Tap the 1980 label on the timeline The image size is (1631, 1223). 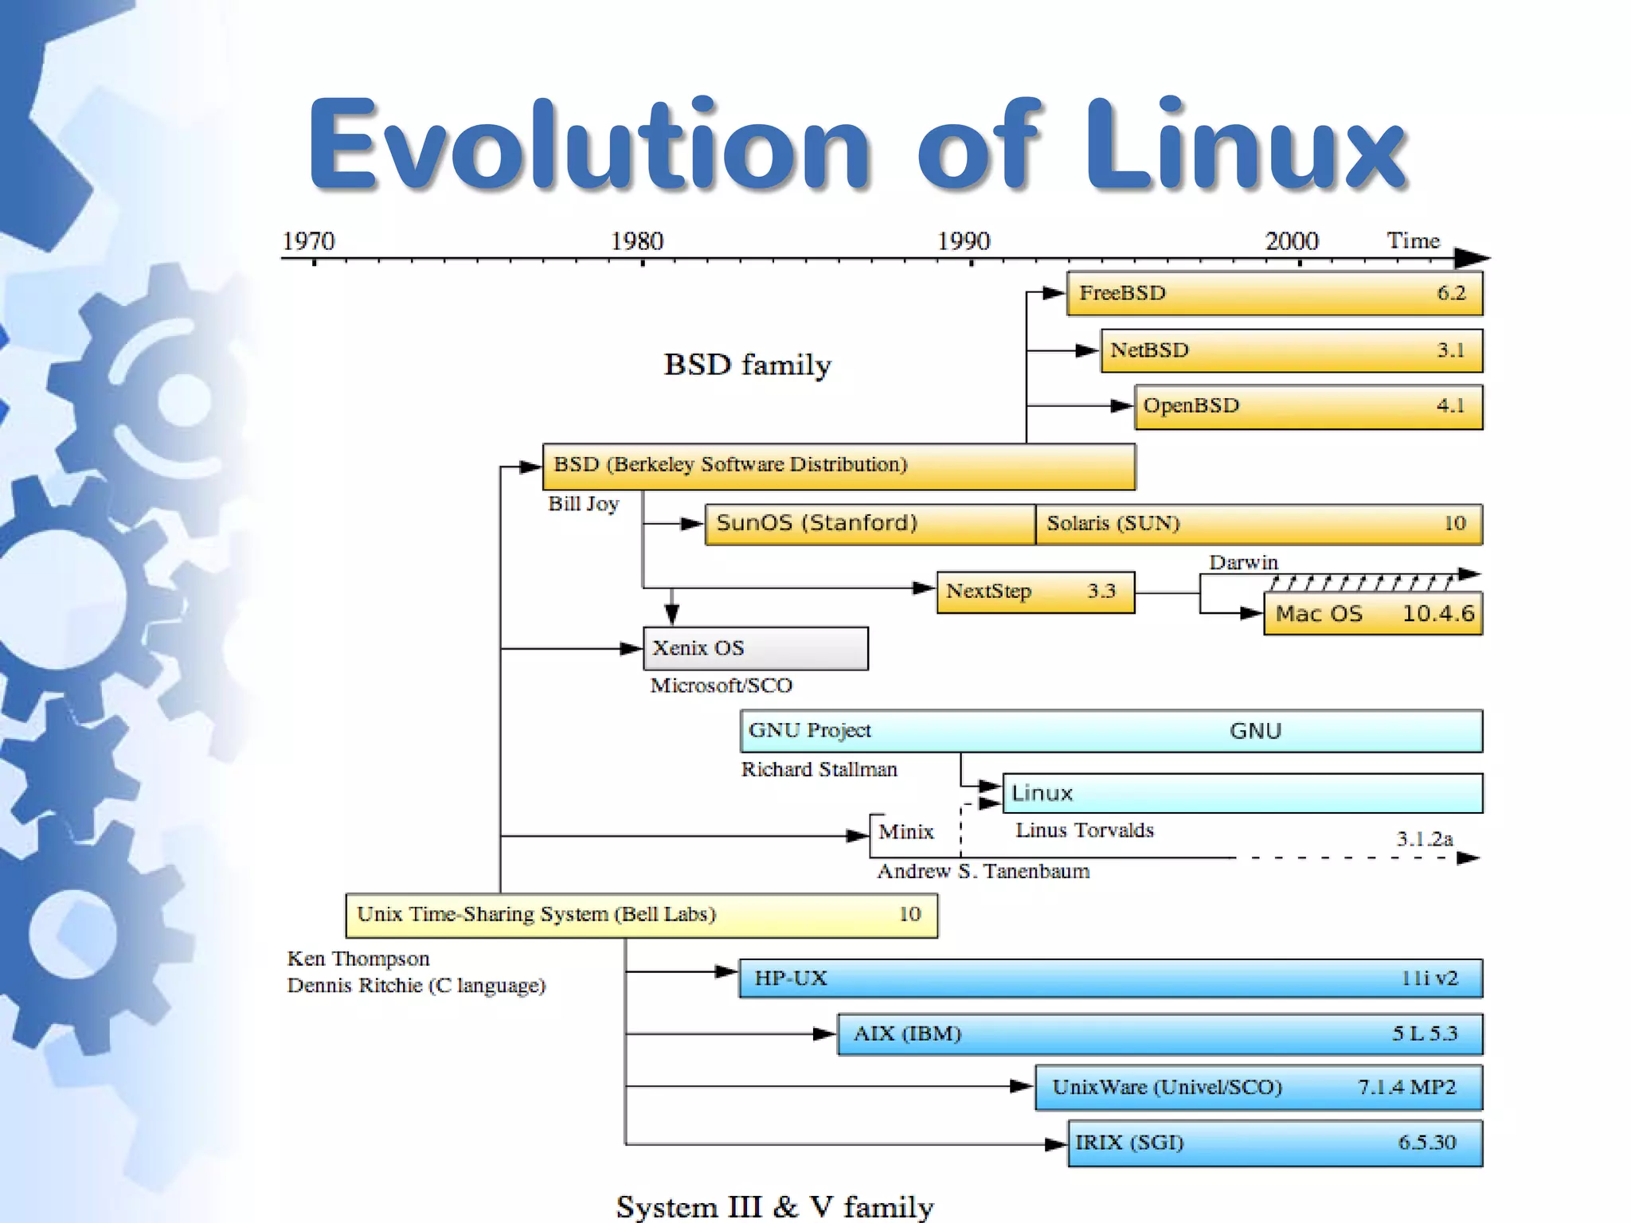(636, 240)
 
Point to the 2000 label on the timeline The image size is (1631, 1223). (1291, 240)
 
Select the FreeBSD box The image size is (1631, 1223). (1274, 293)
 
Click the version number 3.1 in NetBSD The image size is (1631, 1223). (1450, 350)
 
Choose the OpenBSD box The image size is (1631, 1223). (1308, 407)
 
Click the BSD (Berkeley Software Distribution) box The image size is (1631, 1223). (839, 466)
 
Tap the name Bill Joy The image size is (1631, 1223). (583, 504)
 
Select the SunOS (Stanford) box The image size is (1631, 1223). (870, 524)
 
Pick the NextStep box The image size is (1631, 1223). (1035, 592)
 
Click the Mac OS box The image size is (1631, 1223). (1373, 613)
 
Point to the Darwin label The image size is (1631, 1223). (1243, 562)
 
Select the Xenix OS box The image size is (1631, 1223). (755, 648)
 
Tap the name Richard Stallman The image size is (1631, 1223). (819, 769)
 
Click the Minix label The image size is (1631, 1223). (905, 832)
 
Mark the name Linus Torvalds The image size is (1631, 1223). (1084, 830)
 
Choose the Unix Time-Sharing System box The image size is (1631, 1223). (641, 915)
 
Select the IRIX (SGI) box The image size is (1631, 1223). (1274, 1143)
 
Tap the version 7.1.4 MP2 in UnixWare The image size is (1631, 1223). (1406, 1087)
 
